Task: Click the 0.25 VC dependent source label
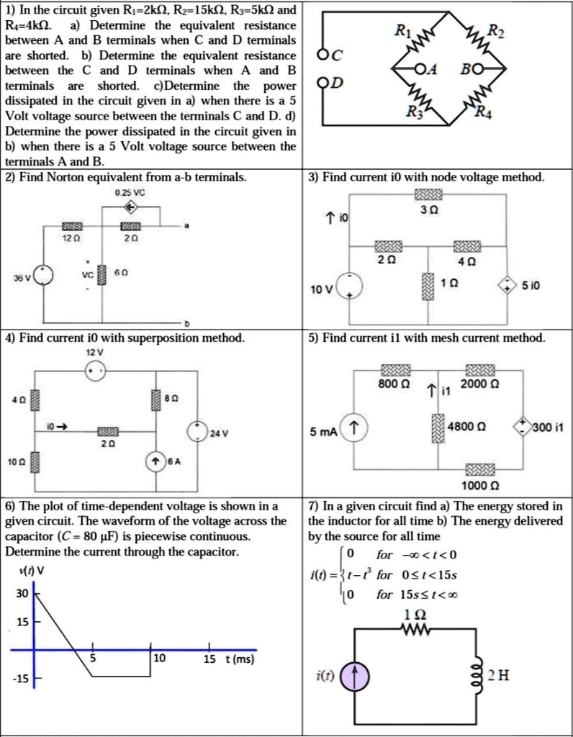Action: pyautogui.click(x=130, y=191)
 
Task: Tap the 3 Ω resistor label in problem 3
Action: pyautogui.click(x=429, y=210)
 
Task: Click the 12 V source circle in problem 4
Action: pyautogui.click(x=95, y=371)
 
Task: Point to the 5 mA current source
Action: pyautogui.click(x=353, y=426)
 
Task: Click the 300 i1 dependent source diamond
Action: pyautogui.click(x=521, y=426)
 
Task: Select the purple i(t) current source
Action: pyautogui.click(x=356, y=677)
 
